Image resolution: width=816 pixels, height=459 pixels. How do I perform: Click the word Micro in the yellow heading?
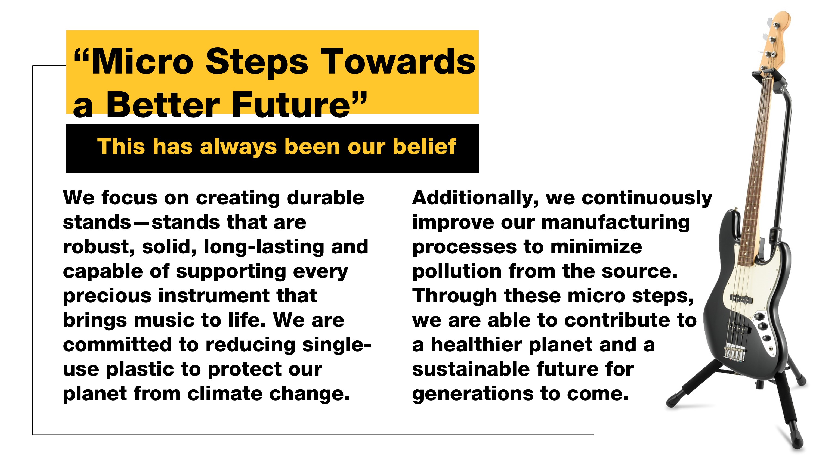(142, 61)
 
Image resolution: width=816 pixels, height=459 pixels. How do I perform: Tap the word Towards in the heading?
(398, 61)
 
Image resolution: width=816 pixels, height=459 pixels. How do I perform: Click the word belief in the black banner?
(425, 146)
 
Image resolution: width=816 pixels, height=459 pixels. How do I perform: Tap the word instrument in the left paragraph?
(214, 296)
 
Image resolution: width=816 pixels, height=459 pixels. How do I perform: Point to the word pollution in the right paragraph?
(457, 272)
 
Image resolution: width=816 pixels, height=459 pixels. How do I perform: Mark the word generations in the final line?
(473, 394)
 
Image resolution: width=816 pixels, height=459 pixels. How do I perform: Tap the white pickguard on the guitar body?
(757, 304)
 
